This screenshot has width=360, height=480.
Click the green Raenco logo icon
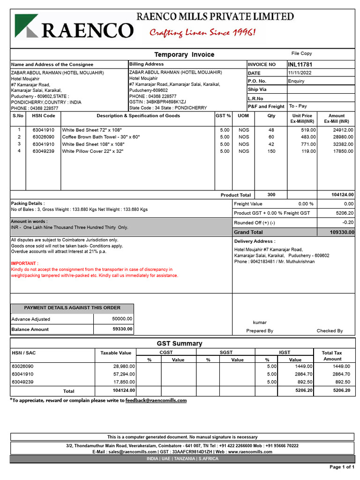coord(27,26)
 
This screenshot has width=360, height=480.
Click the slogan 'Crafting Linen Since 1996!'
coord(202,32)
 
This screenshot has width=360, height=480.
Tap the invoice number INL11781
coord(300,64)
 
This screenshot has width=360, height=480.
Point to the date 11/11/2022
coord(300,73)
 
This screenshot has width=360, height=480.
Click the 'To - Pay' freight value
coord(298,106)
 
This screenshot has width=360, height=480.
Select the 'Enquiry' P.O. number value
coord(296,81)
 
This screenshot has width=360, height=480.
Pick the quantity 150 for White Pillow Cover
coord(271,151)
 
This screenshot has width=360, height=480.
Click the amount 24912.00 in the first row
coord(343,130)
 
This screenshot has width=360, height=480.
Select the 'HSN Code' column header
coord(44,116)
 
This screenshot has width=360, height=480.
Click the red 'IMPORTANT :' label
coord(25,263)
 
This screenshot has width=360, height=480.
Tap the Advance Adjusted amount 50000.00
coord(122,319)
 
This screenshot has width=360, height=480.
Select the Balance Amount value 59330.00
coord(122,329)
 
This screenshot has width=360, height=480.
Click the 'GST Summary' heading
coord(180,344)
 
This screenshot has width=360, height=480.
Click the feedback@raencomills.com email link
coord(156,400)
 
